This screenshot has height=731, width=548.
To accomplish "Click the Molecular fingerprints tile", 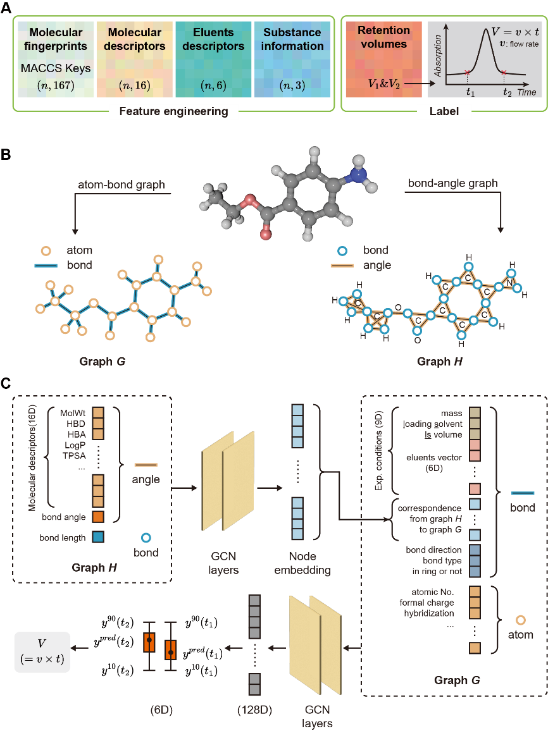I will (56, 59).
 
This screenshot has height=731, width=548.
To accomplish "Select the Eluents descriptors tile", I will (213, 59).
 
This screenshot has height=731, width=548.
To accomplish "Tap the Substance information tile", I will (292, 59).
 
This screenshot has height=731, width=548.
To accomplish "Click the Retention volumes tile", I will (383, 59).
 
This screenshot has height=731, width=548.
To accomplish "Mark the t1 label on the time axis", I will (469, 90).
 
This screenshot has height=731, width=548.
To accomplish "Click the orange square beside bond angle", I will (98, 517).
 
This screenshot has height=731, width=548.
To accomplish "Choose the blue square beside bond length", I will (98, 537).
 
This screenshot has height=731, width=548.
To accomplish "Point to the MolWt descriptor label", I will (73, 413).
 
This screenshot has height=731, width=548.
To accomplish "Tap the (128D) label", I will (254, 709).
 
